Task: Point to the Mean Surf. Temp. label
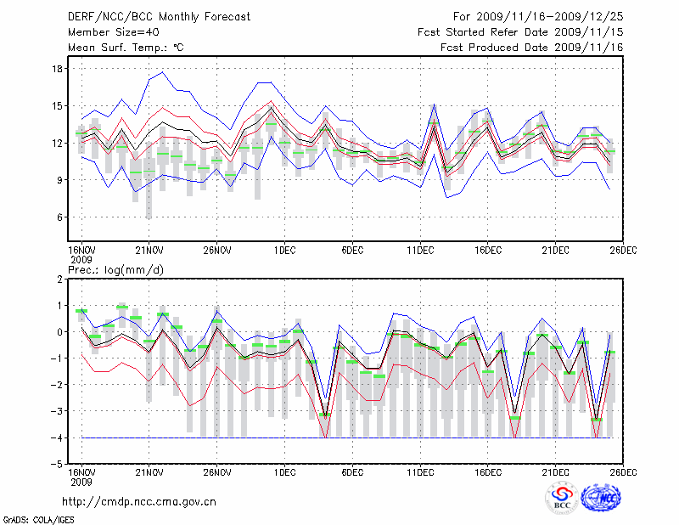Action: click(x=126, y=48)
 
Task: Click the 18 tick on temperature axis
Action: click(x=58, y=69)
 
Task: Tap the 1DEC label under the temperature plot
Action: click(x=284, y=250)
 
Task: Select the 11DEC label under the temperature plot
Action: click(x=420, y=250)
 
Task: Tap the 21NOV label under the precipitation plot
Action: click(x=149, y=472)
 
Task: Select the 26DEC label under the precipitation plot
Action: click(x=623, y=472)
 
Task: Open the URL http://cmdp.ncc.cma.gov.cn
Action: click(x=140, y=501)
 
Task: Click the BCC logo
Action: click(x=562, y=498)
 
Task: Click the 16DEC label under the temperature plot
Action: click(x=488, y=250)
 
